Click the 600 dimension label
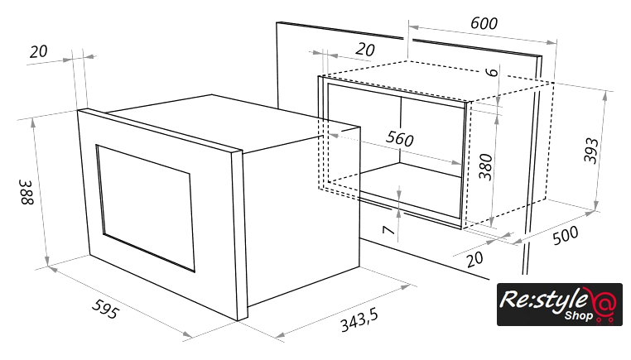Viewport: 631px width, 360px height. pos(484,23)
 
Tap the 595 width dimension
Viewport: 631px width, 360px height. pos(106,309)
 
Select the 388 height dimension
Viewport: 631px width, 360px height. pos(27,192)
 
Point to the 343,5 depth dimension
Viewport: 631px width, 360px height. pos(359,320)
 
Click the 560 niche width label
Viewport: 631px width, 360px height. pos(400,138)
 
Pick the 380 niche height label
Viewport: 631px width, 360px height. pos(486,166)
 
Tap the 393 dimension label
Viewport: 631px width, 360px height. pos(591,151)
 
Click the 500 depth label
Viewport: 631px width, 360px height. pos(566,235)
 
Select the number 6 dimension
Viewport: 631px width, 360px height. pos(491,72)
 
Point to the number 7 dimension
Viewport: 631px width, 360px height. pos(388,230)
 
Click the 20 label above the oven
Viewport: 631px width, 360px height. pos(39,52)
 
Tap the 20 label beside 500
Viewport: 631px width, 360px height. pos(474,259)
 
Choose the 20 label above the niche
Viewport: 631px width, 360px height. pos(365,50)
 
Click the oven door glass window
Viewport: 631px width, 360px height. pos(145,209)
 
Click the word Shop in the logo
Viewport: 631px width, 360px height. pos(578,315)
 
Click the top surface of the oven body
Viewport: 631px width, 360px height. pos(233,120)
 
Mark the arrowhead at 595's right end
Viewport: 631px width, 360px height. pos(187,334)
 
